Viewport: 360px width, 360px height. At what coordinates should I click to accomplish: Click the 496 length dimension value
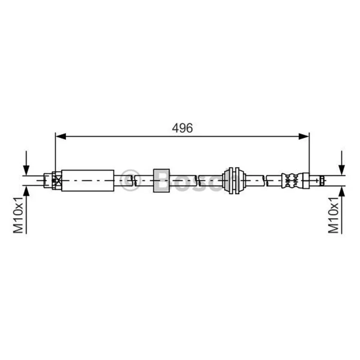tap(182, 128)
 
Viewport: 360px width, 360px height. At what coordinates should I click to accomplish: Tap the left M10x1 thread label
tap(18, 215)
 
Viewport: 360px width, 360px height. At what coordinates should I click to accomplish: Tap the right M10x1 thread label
tap(333, 215)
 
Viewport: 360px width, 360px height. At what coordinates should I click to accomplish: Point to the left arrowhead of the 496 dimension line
tap(61, 136)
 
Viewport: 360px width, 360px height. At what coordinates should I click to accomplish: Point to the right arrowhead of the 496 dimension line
tap(304, 136)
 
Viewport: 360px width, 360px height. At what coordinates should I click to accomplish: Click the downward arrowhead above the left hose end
tap(27, 170)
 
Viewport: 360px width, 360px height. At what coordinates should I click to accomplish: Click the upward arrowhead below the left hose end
tap(27, 191)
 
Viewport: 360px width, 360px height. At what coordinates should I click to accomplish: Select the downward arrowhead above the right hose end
tap(342, 170)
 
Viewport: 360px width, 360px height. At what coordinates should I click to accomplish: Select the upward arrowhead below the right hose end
tap(342, 191)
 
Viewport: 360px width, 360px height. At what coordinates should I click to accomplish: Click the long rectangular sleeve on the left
tap(88, 180)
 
